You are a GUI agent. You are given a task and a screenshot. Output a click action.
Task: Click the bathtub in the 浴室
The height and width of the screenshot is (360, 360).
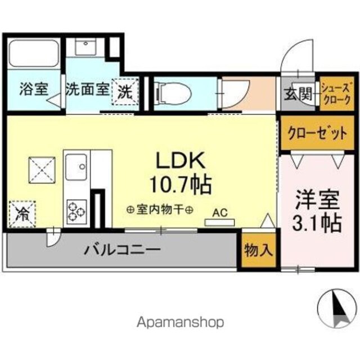tap(34, 54)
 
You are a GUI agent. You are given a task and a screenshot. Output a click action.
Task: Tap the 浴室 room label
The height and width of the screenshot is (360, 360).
tap(34, 89)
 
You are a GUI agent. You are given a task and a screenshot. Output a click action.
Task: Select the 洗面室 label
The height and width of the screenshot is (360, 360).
tap(88, 89)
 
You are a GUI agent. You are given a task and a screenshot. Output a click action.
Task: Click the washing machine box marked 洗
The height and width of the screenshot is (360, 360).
tap(125, 92)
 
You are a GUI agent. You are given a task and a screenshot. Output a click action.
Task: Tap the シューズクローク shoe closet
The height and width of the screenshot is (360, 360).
tap(336, 94)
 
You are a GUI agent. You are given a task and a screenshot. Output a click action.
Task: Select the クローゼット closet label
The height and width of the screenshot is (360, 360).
tap(317, 133)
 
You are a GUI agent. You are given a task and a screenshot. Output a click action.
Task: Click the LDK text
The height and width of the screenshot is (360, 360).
tap(181, 160)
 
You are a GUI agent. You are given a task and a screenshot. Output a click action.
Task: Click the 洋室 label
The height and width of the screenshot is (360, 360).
tap(317, 200)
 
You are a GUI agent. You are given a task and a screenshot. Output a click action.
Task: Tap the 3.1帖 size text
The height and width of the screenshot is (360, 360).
tap(317, 223)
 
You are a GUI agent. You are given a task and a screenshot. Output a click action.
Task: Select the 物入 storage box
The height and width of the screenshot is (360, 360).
tap(259, 250)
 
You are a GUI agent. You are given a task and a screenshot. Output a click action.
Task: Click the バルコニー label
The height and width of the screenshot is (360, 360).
tap(122, 250)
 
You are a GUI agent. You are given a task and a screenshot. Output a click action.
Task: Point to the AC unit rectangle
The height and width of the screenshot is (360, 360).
tap(219, 222)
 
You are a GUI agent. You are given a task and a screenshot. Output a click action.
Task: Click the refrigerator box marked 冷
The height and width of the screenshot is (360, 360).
tap(22, 214)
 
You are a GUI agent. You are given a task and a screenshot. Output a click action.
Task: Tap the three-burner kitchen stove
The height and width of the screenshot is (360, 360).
tap(77, 212)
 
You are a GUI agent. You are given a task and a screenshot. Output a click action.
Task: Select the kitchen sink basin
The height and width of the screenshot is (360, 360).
tap(76, 167)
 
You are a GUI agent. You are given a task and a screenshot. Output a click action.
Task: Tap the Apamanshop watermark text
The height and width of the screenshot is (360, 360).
tap(180, 322)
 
